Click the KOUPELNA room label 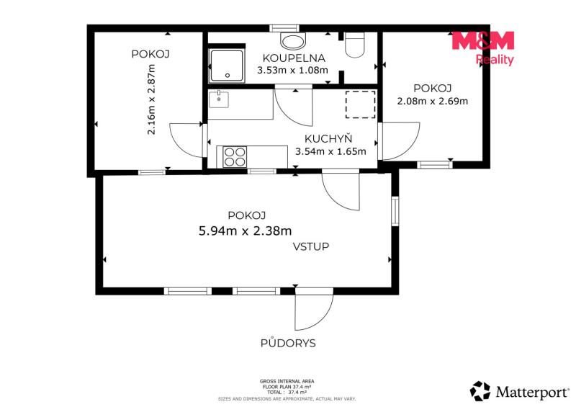coord(294,58)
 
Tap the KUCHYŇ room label coord(328,138)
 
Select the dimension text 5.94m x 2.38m coord(245,231)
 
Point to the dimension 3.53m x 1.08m coord(292,70)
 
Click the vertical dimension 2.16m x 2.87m coord(151,99)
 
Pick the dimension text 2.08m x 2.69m coord(433,101)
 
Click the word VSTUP coord(311,246)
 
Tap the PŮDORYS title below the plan coord(288,343)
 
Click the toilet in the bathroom coord(355,45)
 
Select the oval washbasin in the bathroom coord(293,40)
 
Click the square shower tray coord(227,66)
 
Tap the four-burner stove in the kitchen coord(235,156)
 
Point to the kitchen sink coord(219,99)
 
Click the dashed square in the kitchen coord(361,104)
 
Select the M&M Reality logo coord(482,48)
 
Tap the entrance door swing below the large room coord(314,309)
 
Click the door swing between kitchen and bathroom coord(294,107)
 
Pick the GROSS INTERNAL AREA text coord(287,381)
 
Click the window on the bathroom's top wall coord(284,28)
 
